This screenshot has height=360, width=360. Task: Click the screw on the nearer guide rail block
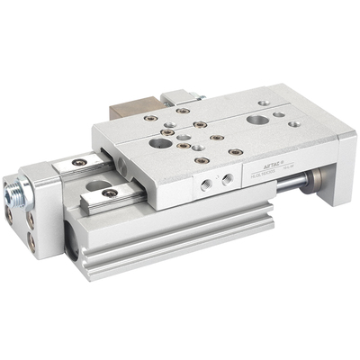108,193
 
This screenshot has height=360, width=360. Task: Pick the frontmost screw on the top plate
202,160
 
